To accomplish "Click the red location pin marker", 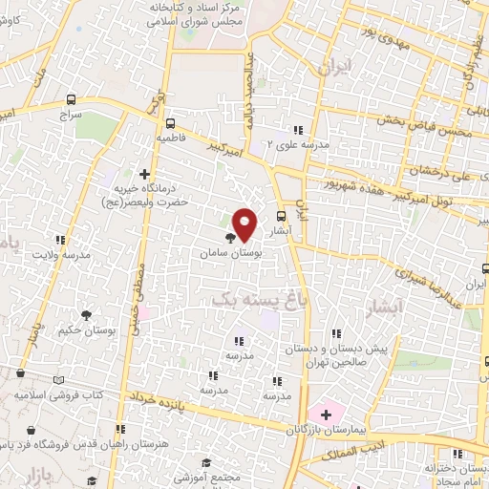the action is pyautogui.click(x=244, y=223).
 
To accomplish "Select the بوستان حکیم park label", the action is pyautogui.click(x=86, y=330).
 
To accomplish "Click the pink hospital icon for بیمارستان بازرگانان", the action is pyautogui.click(x=326, y=414).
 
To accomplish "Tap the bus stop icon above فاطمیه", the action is pyautogui.click(x=170, y=123).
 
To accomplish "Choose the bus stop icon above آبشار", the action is pyautogui.click(x=281, y=216).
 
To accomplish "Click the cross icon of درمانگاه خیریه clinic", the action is pyautogui.click(x=143, y=174).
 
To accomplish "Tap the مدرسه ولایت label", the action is pyautogui.click(x=60, y=256).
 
